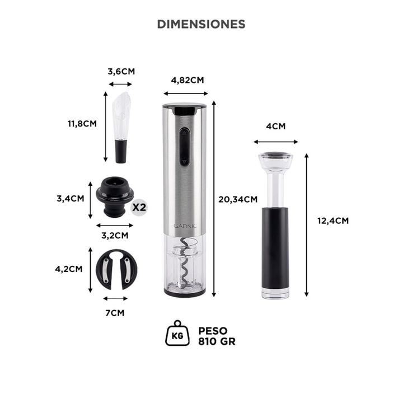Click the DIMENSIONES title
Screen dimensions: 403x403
201,24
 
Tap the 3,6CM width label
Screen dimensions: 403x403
121,72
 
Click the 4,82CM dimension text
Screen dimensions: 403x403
185,79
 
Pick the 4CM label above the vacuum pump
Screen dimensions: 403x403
275,126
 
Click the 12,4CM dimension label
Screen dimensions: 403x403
332,221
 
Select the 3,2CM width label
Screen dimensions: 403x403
114,235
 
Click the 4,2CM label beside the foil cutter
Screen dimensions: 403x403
69,269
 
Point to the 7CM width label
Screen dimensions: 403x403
115,312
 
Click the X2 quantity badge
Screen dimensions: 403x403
138,207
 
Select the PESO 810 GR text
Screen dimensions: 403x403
217,335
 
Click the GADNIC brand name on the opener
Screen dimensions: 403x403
185,227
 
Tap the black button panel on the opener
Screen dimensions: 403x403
184,147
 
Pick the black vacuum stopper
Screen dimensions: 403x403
114,198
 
